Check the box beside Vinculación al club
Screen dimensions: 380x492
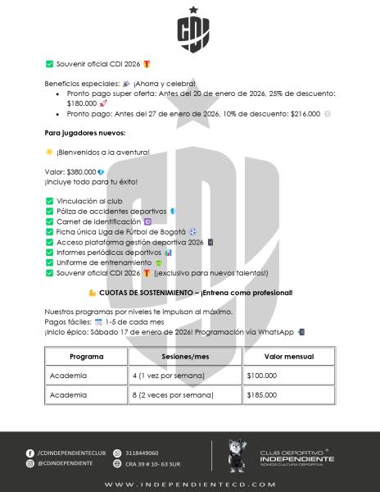tap(50, 200)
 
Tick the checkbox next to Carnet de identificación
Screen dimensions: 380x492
tap(50, 221)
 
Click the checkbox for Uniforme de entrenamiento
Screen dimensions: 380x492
tap(50, 262)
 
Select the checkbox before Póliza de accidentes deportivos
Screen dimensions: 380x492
tap(50, 211)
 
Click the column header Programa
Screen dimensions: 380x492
tap(86, 358)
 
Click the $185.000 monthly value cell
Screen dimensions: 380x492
tap(263, 394)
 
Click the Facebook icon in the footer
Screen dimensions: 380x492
tap(30, 453)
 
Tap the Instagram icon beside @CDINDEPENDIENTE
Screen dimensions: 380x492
tap(30, 463)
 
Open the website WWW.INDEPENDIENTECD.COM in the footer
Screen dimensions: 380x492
tap(189, 485)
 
